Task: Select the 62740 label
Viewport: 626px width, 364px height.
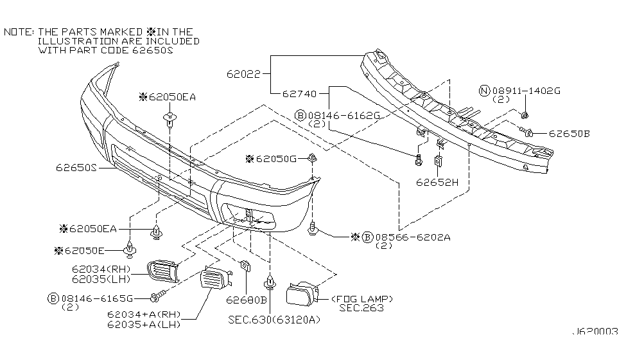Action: pos(299,94)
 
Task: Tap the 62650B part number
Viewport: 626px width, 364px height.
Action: pos(569,134)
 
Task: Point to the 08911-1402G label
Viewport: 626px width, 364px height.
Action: pos(526,91)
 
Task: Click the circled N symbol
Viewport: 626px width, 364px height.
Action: pos(485,91)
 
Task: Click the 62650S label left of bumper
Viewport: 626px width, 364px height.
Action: pos(76,168)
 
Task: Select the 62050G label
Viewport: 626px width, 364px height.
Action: pos(280,159)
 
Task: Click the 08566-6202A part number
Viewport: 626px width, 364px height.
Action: pos(413,237)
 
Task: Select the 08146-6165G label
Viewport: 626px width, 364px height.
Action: pos(98,298)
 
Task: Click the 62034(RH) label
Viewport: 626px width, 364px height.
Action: pos(101,269)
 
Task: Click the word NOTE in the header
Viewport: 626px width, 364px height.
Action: pos(18,32)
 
